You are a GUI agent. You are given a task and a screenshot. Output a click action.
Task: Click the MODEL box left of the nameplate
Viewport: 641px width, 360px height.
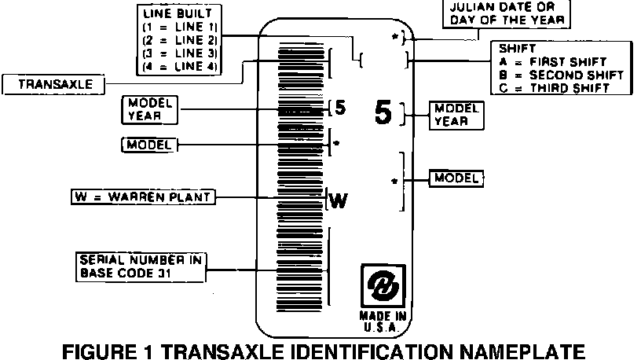pos(149,145)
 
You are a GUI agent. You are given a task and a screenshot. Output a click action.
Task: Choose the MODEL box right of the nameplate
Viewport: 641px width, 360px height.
pos(456,178)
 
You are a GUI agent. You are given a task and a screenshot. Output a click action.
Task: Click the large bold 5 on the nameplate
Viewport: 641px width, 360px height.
pos(383,114)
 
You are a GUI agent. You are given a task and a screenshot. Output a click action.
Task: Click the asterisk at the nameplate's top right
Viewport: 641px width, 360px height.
pos(394,36)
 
